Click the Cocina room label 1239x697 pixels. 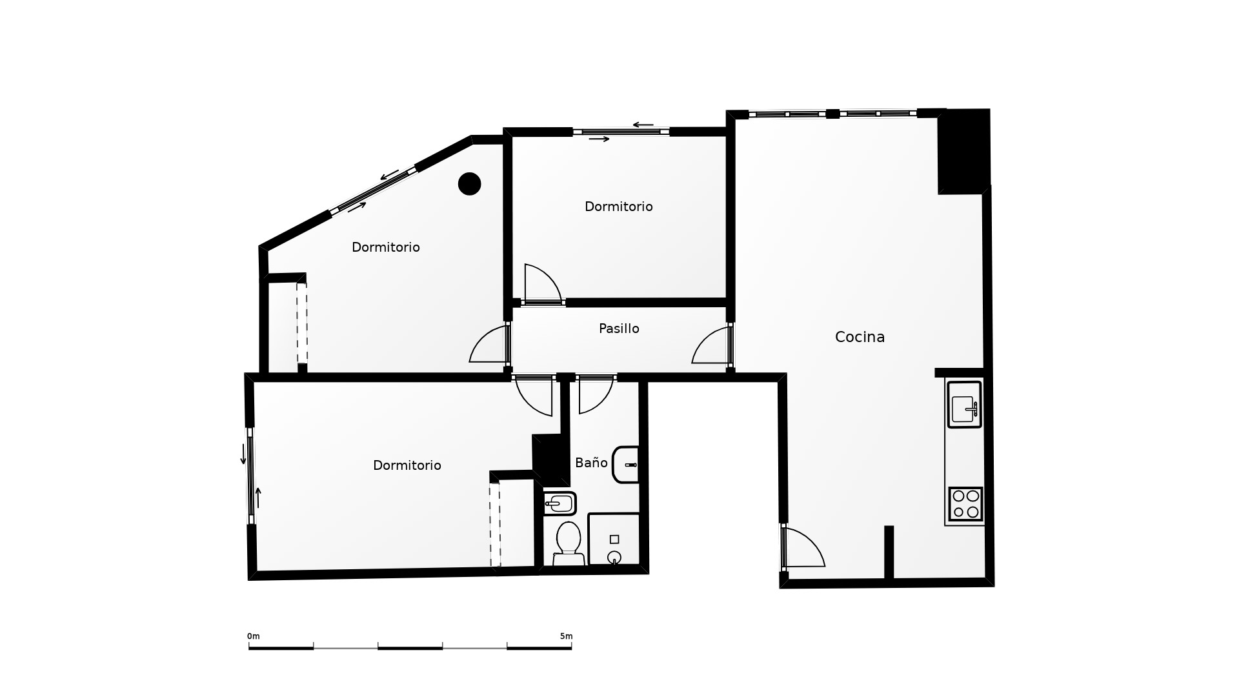pos(860,337)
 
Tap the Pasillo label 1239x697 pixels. pos(619,328)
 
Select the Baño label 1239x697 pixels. pos(591,462)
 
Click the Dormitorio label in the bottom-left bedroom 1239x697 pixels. pos(407,465)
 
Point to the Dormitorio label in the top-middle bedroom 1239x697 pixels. pos(619,207)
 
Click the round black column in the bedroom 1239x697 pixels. pos(470,184)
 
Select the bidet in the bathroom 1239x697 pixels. pos(559,503)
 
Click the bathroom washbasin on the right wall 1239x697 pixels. pos(626,465)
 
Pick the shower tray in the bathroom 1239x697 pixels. pos(614,540)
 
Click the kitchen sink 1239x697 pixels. pos(965,405)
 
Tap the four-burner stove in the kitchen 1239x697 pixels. pos(966,504)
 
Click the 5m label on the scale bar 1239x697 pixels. pos(566,636)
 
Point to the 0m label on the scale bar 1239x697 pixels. pos(253,636)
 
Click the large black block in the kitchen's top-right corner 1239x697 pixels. pos(964,151)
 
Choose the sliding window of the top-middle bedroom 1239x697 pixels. pos(621,132)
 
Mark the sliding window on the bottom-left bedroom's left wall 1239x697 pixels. pos(250,475)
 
